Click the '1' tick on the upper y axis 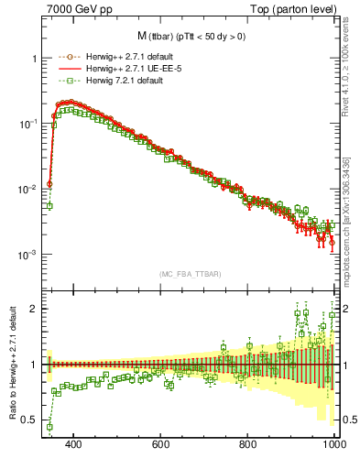click(34, 58)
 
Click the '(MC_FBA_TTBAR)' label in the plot click(190, 275)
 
